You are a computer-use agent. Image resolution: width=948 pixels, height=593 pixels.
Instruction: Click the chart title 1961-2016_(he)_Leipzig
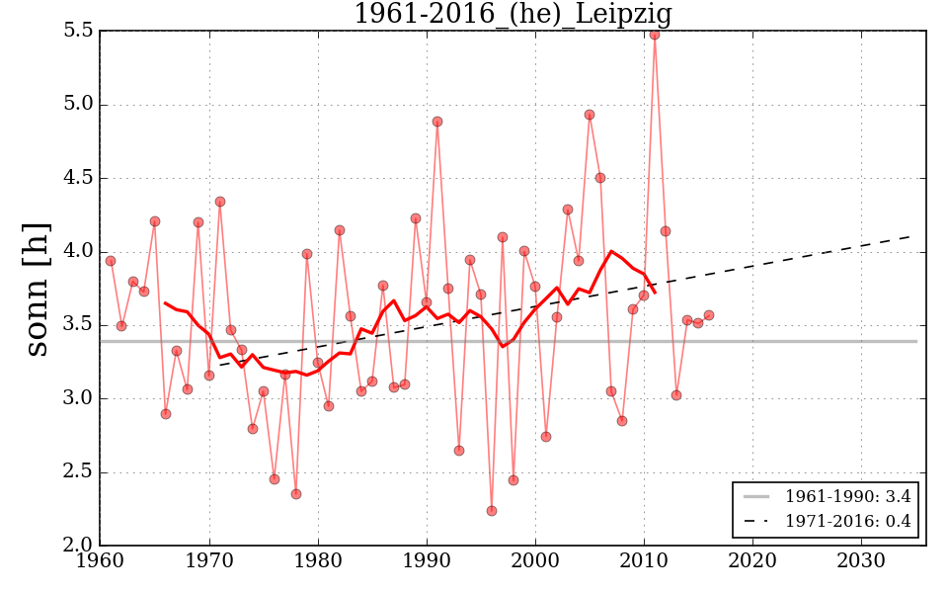click(x=513, y=15)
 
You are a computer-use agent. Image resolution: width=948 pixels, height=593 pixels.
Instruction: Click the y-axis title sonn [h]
click(x=37, y=288)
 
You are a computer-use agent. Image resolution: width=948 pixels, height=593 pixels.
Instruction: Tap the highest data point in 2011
click(x=655, y=35)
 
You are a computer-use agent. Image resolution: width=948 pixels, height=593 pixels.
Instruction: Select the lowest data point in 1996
click(x=492, y=511)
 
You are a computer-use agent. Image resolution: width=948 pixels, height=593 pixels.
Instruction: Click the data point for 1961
click(x=111, y=261)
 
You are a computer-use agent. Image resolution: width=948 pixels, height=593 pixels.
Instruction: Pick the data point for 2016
click(x=709, y=315)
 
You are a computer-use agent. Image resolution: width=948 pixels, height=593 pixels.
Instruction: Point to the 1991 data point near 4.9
click(x=437, y=122)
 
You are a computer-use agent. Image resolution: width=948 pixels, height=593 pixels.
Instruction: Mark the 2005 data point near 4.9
click(x=590, y=115)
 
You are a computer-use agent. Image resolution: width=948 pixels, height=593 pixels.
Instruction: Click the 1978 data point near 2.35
click(x=296, y=494)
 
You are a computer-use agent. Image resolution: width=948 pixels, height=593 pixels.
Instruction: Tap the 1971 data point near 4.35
click(x=220, y=202)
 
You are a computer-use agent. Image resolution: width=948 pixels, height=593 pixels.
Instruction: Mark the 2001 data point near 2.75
click(x=546, y=437)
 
